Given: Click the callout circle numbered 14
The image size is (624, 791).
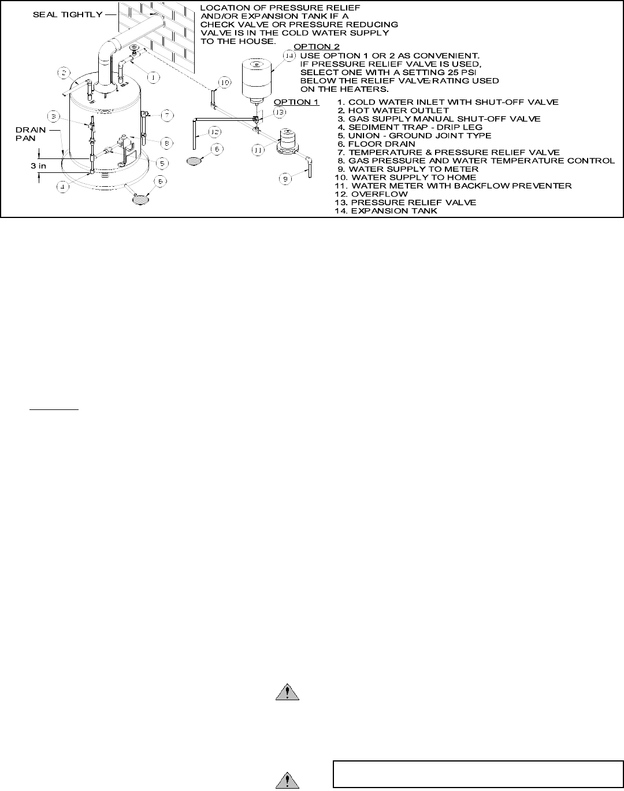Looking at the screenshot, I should tap(289, 55).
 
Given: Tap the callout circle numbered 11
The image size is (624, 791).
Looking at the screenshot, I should tap(258, 150).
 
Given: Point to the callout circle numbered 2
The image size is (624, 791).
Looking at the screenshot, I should tap(64, 73).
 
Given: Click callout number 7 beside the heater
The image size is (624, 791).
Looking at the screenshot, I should tap(166, 115).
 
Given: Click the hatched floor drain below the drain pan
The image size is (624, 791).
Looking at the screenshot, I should tap(140, 199).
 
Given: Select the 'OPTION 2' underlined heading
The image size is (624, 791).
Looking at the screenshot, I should tap(317, 47).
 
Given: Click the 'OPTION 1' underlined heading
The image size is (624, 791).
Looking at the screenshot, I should tap(296, 102).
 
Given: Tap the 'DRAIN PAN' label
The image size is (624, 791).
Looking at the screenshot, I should tap(30, 134).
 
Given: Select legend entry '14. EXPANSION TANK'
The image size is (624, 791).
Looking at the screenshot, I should tap(385, 211).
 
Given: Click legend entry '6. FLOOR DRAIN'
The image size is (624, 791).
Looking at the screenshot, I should tap(376, 144).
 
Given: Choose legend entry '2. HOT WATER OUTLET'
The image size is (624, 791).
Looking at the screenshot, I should tap(393, 110).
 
